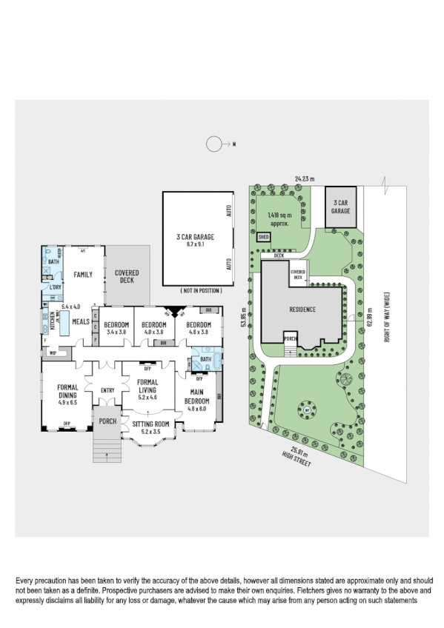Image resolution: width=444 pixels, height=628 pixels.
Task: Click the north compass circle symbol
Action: (213, 144)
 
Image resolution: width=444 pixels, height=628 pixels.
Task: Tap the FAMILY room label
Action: (82, 275)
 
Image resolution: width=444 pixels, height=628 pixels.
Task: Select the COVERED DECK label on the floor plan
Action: (127, 277)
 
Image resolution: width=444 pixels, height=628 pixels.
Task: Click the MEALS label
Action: (80, 321)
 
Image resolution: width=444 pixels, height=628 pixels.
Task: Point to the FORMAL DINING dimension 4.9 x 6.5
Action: (68, 403)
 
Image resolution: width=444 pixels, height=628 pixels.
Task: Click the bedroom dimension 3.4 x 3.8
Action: (116, 333)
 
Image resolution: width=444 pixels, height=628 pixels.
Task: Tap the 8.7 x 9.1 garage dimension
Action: (196, 244)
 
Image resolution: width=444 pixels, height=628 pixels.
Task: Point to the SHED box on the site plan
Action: (263, 238)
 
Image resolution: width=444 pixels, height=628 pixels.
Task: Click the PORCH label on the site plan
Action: (291, 342)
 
